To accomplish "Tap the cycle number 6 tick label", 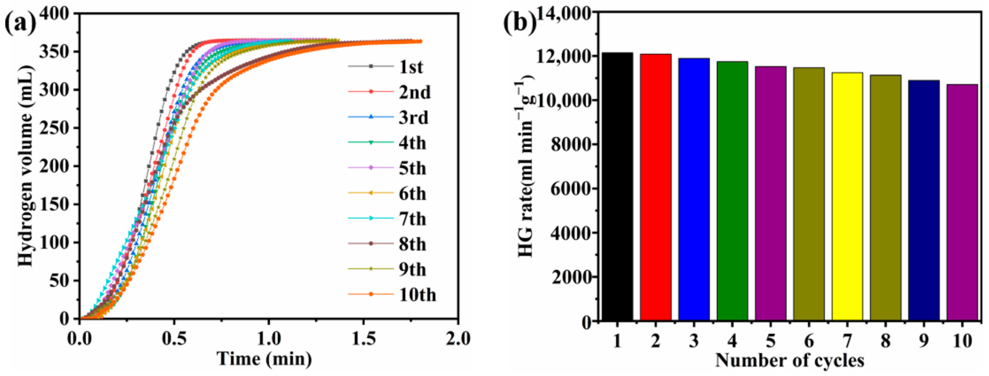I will pyautogui.click(x=809, y=341).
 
